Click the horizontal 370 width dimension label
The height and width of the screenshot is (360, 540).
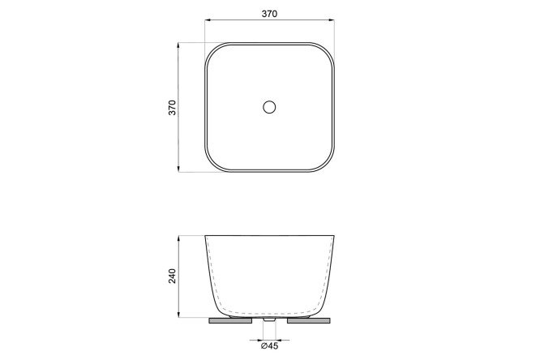pos(269,14)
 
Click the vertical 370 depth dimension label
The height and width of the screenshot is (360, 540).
pos(172,108)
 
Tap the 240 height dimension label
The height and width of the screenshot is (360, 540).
pos(172,276)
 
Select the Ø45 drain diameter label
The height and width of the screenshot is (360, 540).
pos(270,346)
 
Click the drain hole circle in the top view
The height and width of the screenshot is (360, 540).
pos(269,107)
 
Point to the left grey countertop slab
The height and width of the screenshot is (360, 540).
pos(231,321)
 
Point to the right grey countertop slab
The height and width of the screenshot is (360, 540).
pos(309,321)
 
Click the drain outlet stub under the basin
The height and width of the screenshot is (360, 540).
pos(269,319)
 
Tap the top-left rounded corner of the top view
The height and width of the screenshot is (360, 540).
pos(212,49)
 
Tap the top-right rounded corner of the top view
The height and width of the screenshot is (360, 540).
pos(328,49)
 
